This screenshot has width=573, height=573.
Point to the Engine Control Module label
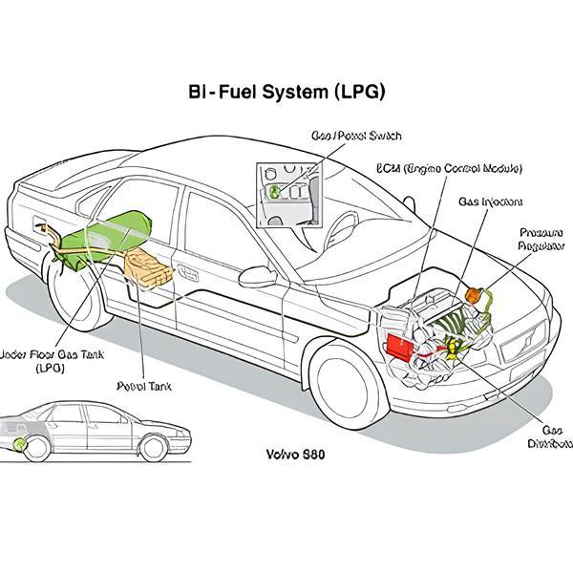tap(449, 168)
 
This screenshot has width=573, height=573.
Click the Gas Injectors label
tap(490, 202)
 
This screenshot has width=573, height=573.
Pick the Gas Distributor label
tap(549, 436)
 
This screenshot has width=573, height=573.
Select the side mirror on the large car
tap(257, 276)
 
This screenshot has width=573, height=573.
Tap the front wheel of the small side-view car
tap(152, 447)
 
